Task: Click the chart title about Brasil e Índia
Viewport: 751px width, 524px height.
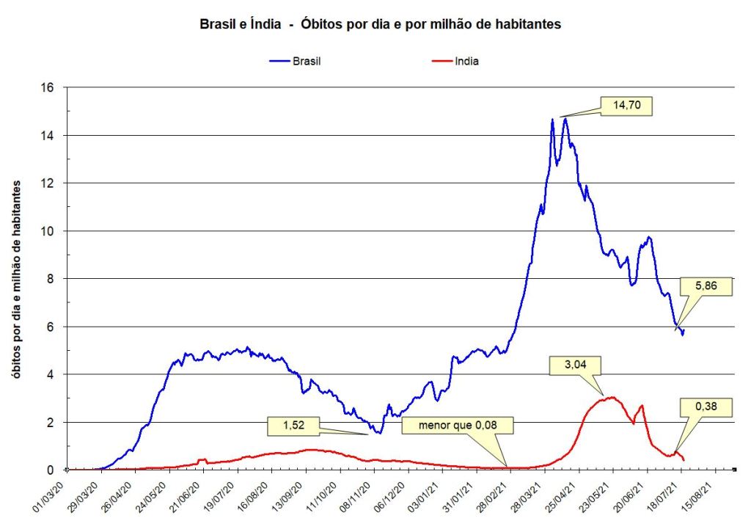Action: pyautogui.click(x=380, y=24)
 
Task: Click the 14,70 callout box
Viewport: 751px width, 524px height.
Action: pyautogui.click(x=626, y=106)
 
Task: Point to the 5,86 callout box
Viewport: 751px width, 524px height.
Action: pyautogui.click(x=706, y=286)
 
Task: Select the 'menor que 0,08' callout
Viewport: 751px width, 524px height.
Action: pyautogui.click(x=457, y=426)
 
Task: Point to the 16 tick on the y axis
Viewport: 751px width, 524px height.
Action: pyautogui.click(x=50, y=88)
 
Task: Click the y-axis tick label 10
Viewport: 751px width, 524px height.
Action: pyautogui.click(x=50, y=231)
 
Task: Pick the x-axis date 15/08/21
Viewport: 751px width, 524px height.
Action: pyautogui.click(x=697, y=498)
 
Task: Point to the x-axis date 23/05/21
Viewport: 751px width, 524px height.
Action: pyautogui.click(x=595, y=498)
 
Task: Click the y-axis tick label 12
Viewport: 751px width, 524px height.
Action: pyautogui.click(x=50, y=183)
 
